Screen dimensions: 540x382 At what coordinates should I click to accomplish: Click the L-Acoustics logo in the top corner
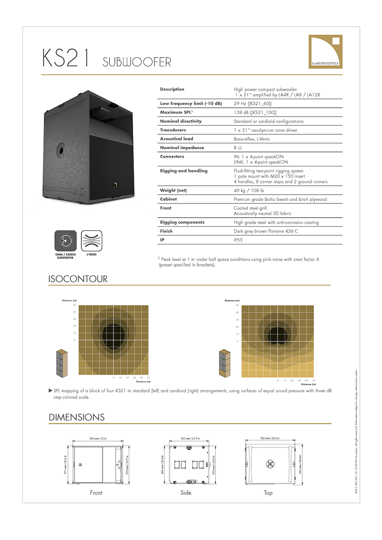pyautogui.click(x=325, y=51)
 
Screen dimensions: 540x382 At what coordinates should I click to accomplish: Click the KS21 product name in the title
pyautogui.click(x=66, y=58)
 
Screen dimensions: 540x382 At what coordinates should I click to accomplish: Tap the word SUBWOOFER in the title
pyautogui.click(x=137, y=62)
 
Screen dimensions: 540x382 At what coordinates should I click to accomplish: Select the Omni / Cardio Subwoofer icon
pyautogui.click(x=66, y=241)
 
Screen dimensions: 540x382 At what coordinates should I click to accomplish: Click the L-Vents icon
pyautogui.click(x=92, y=241)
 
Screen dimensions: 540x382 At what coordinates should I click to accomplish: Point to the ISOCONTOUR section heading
pyautogui.click(x=78, y=279)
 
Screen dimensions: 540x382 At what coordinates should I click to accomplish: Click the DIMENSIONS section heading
pyautogui.click(x=77, y=417)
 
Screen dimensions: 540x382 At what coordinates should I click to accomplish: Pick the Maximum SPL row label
pyautogui.click(x=176, y=112)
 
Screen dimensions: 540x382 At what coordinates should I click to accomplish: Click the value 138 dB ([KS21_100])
pyautogui.click(x=255, y=113)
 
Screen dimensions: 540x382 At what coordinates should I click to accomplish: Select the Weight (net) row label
pyautogui.click(x=173, y=190)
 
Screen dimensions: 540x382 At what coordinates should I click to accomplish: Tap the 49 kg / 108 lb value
pyautogui.click(x=249, y=191)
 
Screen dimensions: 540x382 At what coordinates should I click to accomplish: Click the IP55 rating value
pyautogui.click(x=238, y=240)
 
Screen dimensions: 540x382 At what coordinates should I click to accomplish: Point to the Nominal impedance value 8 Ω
pyautogui.click(x=238, y=148)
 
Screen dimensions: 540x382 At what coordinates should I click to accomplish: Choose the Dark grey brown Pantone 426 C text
pyautogui.click(x=266, y=231)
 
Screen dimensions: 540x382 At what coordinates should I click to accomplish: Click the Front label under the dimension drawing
pyautogui.click(x=96, y=493)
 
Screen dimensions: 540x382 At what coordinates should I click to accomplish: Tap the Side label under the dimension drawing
pyautogui.click(x=186, y=493)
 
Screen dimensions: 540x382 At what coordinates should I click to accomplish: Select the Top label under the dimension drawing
pyautogui.click(x=268, y=493)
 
